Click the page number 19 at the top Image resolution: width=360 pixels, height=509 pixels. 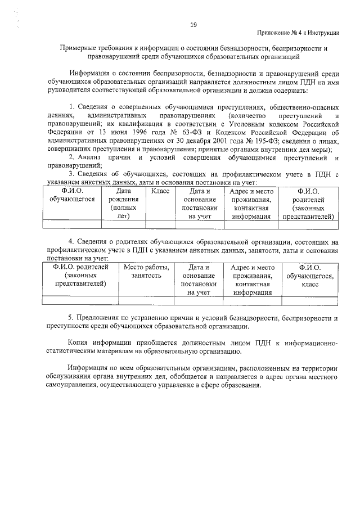[192, 24]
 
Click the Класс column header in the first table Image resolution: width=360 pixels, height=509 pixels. [160, 191]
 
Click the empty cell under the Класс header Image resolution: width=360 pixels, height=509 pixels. [160, 224]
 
